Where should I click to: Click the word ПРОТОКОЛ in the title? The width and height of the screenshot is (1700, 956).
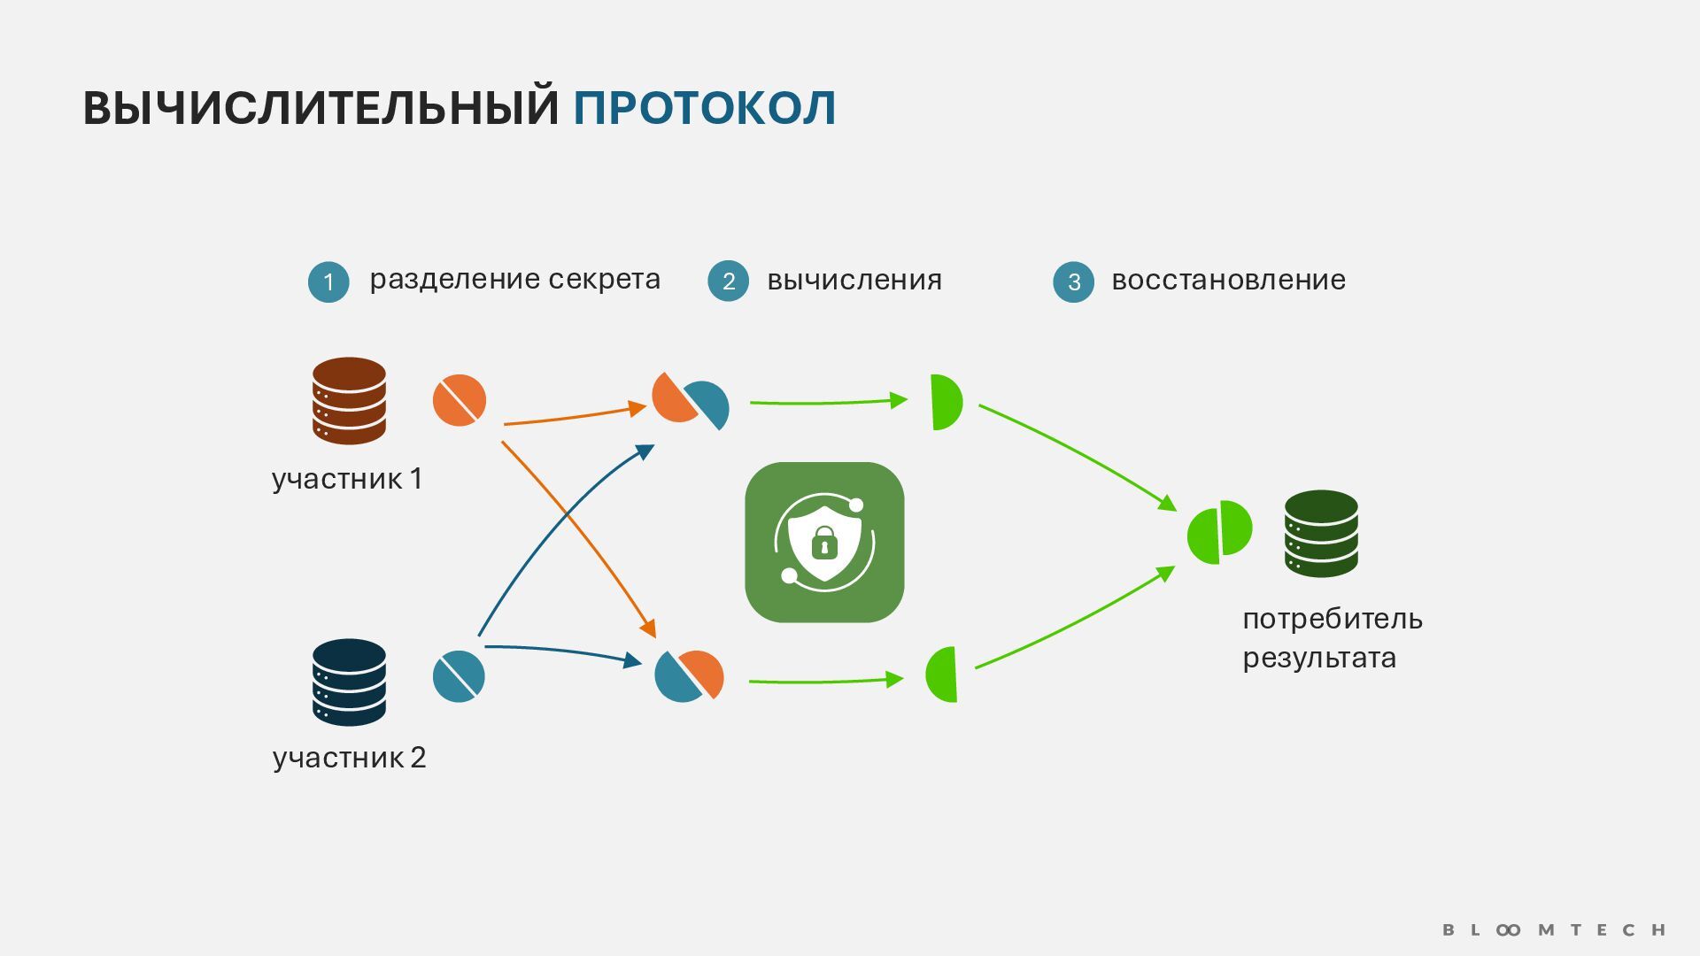[x=704, y=108]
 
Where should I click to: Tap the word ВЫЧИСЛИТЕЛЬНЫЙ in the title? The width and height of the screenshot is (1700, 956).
[x=321, y=108]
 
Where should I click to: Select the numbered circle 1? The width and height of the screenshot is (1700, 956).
[x=328, y=281]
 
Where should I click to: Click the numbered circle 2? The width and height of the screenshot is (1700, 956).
[x=728, y=281]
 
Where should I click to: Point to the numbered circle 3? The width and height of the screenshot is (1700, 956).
[x=1073, y=281]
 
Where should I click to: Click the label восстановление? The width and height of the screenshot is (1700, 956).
[x=1228, y=280]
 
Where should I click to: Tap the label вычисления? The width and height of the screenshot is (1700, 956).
[x=854, y=280]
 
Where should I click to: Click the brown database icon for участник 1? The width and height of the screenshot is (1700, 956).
[x=349, y=400]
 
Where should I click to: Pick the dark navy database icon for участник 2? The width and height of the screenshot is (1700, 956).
[x=349, y=682]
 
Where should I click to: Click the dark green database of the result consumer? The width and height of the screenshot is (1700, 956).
[x=1321, y=534]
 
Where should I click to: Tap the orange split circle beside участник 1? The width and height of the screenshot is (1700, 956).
[x=459, y=400]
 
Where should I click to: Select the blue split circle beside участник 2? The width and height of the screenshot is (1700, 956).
[x=459, y=676]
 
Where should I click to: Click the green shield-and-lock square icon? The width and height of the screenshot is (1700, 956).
[x=824, y=542]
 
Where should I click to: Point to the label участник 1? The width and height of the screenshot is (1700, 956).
[x=347, y=479]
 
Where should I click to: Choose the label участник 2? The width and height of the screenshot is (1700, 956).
[x=349, y=758]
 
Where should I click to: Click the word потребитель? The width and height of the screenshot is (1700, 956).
[x=1332, y=619]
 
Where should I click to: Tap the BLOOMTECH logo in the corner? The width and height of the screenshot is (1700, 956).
[x=1554, y=929]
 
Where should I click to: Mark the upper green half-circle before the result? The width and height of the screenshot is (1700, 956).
[x=945, y=402]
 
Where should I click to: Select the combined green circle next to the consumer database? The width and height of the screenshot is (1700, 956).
[x=1219, y=532]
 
